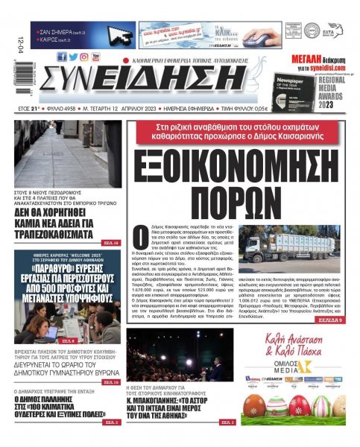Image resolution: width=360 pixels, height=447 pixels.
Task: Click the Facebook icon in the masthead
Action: click(x=62, y=57)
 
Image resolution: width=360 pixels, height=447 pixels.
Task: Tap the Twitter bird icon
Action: click(x=73, y=57)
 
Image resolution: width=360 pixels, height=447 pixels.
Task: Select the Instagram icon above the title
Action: click(x=84, y=57)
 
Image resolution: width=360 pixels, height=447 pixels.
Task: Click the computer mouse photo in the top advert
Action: click(x=260, y=37)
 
